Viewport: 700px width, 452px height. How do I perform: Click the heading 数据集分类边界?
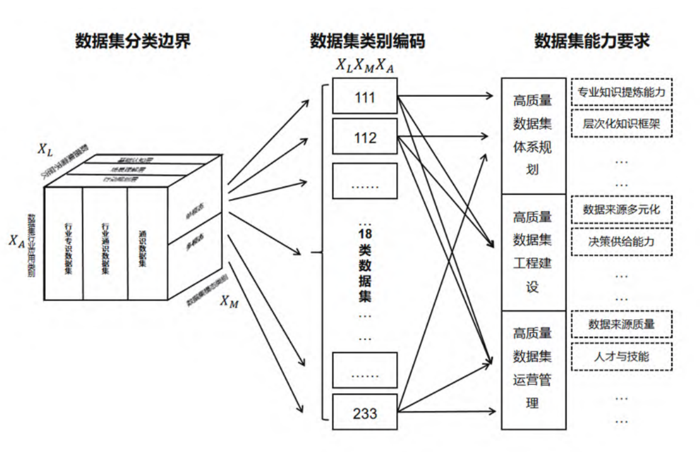coord(133,41)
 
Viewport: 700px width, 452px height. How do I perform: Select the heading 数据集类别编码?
coord(367,41)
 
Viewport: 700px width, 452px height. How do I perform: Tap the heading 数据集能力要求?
coord(591,41)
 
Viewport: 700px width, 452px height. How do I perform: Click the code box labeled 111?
coord(365,98)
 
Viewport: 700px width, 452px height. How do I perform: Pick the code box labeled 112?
coord(365,136)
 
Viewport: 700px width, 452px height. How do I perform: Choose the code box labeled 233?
coord(365,413)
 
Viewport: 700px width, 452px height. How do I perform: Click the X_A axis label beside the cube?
coord(16,240)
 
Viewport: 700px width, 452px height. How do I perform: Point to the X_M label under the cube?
coord(229,301)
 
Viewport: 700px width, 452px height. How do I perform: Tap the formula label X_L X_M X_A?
coord(364,64)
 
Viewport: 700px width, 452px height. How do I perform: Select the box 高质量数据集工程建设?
coord(532,252)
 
